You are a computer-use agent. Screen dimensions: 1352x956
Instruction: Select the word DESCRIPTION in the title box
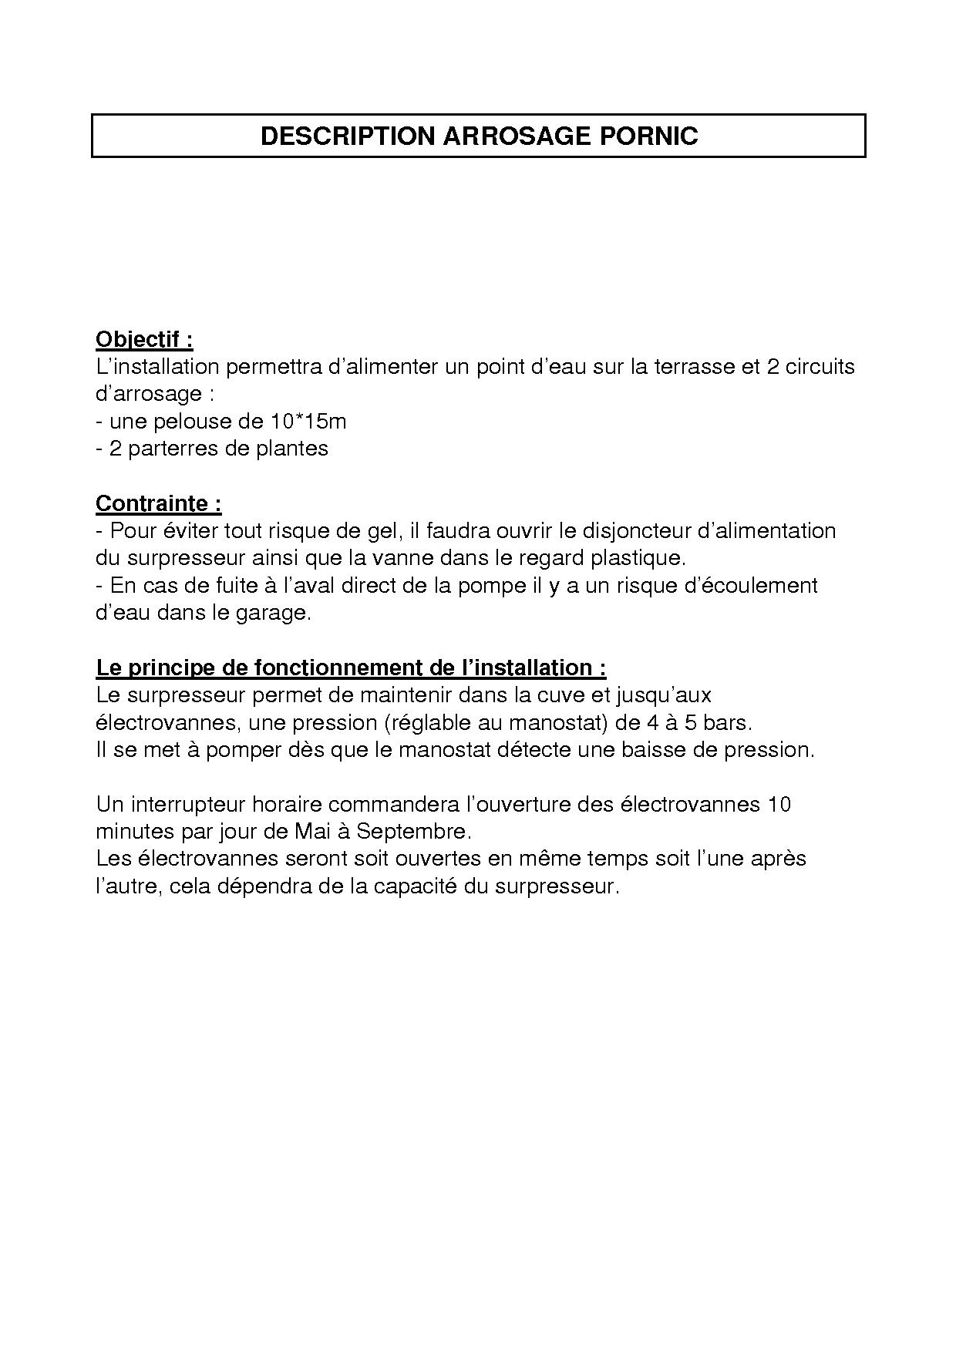click(x=348, y=136)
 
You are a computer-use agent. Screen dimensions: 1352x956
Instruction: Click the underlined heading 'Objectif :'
click(x=144, y=339)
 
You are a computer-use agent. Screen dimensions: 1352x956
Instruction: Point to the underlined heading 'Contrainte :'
click(x=159, y=503)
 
